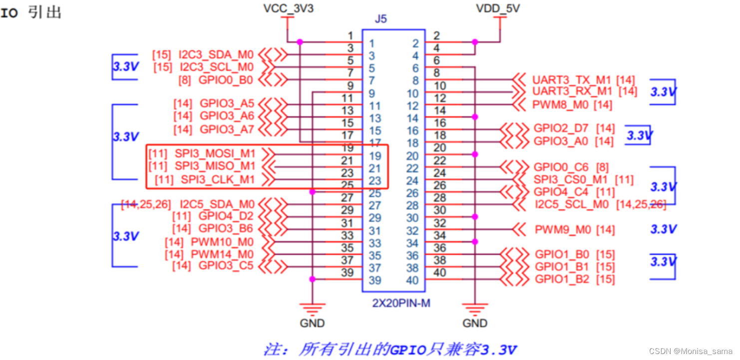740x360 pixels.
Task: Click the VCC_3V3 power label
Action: tap(289, 8)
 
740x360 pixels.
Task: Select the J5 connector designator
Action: tap(380, 19)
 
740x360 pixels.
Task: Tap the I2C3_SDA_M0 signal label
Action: tap(216, 54)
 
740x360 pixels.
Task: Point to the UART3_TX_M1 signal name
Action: tap(572, 79)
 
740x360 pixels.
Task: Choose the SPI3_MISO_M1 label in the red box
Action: tap(215, 166)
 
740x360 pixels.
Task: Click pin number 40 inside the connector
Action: tap(412, 281)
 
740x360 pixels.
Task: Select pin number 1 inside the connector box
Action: tap(371, 44)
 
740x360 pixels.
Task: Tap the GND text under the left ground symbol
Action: tap(312, 323)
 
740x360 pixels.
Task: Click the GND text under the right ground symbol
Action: tap(474, 323)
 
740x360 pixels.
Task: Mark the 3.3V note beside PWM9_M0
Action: tap(663, 229)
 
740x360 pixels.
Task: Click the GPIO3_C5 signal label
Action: tap(226, 266)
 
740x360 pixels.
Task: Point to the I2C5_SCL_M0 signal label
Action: tap(572, 204)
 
